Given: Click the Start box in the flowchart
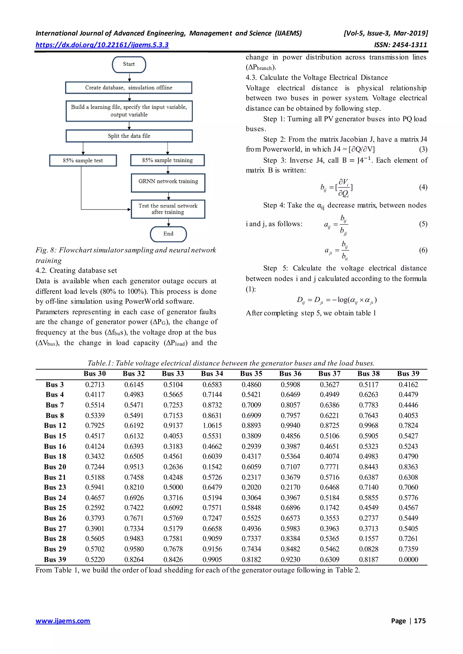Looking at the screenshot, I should click(x=129, y=64).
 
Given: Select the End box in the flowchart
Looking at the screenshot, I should click(x=168, y=234).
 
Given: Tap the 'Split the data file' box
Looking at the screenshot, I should click(x=129, y=136).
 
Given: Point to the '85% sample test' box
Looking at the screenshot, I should click(x=83, y=160).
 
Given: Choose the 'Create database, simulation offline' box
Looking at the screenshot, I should click(x=129, y=88).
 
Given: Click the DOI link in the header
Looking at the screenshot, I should click(x=102, y=45).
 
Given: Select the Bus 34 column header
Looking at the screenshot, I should click(x=212, y=374).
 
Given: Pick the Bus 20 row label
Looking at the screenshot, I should click(x=55, y=467).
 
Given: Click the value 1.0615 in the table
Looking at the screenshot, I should click(x=212, y=425).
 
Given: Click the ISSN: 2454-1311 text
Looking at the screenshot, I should click(x=400, y=45).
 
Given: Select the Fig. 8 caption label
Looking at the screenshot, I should click(x=46, y=250).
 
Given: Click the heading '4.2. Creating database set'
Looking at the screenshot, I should click(x=76, y=270).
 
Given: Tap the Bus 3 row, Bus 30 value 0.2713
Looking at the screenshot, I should click(x=95, y=385).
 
